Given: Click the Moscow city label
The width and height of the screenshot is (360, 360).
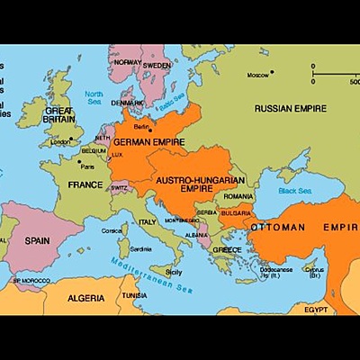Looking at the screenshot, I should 259,74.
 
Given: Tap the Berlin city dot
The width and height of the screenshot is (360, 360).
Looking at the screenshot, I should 150,130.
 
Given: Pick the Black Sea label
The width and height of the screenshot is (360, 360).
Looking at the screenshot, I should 295,191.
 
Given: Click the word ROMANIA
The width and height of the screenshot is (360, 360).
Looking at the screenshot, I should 239,195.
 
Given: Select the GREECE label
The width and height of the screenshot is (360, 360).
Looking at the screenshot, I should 226,249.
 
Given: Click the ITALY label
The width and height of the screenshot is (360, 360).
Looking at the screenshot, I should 147,220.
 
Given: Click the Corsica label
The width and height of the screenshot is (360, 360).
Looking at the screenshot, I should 112,230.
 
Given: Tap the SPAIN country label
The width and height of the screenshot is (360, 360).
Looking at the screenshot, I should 37,240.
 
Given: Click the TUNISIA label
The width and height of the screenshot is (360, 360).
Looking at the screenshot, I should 134,295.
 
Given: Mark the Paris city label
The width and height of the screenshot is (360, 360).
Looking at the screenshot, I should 87,166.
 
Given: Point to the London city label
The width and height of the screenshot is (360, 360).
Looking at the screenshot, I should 61,141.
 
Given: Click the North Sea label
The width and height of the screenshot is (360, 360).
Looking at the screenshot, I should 94,97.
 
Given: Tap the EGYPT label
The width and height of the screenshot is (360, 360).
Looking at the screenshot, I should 315,309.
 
